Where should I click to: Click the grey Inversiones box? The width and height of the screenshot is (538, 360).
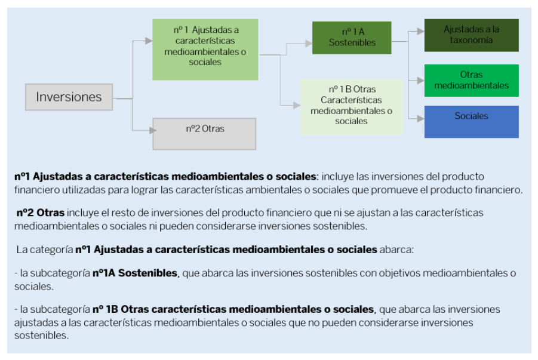tap(69, 97)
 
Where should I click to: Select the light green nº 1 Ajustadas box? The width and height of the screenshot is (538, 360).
tap(205, 49)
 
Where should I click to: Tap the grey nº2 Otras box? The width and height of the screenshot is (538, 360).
tap(204, 133)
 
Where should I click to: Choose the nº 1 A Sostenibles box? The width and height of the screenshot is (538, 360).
tap(352, 38)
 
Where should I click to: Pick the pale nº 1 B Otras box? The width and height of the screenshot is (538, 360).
tap(351, 106)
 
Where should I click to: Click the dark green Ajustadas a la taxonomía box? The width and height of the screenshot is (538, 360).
tap(471, 35)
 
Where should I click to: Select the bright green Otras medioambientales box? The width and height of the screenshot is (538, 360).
tap(471, 80)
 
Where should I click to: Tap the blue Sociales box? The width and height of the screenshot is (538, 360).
tap(471, 121)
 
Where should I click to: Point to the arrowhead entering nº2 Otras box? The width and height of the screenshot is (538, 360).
tap(149, 130)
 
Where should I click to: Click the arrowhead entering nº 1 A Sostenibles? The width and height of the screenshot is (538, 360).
tap(309, 43)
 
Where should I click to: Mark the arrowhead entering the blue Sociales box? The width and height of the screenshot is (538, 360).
tap(421, 118)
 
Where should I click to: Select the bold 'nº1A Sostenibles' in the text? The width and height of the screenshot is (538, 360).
tap(135, 273)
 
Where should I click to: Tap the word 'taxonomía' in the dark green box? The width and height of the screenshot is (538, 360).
tap(471, 41)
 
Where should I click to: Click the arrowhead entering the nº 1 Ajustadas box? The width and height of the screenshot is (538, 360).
tap(149, 41)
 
